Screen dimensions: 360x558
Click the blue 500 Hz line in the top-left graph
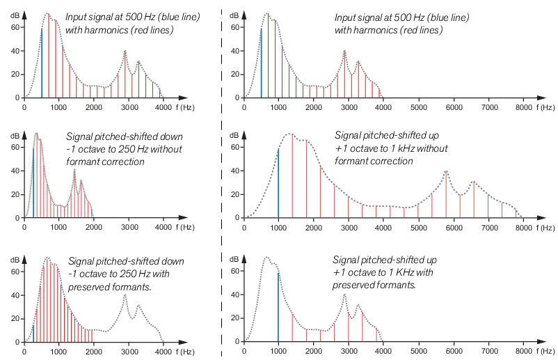tap(42, 63)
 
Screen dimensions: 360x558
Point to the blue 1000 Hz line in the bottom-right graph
tap(278, 306)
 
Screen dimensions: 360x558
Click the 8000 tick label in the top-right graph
tap(524, 108)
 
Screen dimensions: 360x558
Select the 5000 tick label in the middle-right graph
tap(419, 228)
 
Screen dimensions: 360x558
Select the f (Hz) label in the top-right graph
tap(545, 108)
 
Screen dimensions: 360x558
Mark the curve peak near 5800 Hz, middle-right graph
tap(446, 171)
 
